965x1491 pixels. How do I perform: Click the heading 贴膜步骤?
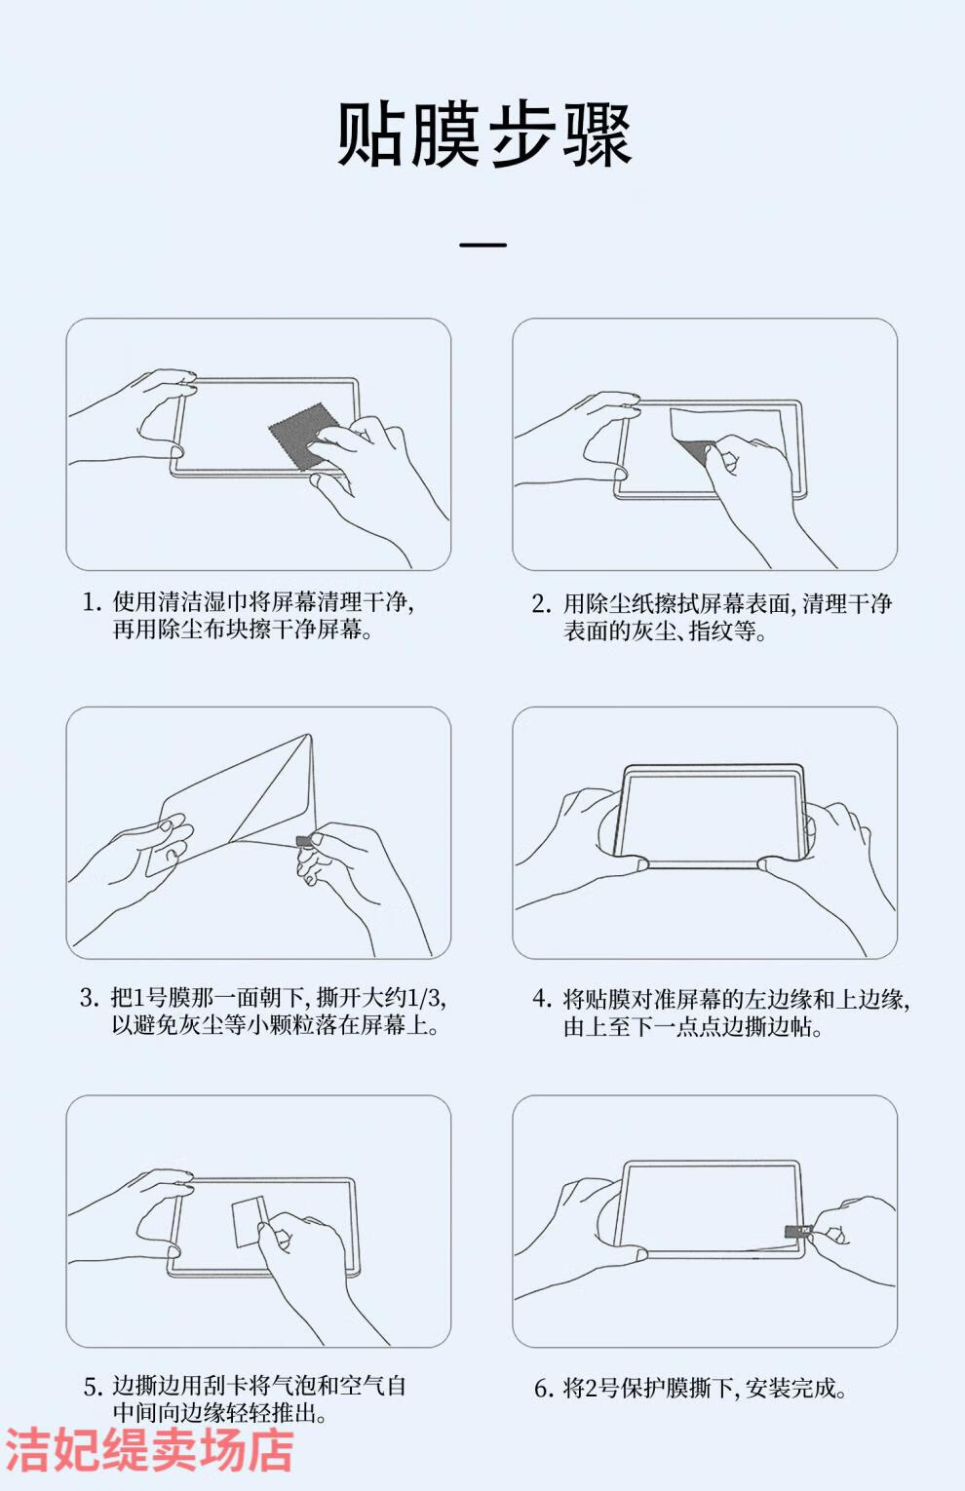pyautogui.click(x=484, y=135)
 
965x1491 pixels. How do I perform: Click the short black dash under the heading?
pyautogui.click(x=482, y=245)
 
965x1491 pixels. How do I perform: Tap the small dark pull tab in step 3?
pyautogui.click(x=303, y=841)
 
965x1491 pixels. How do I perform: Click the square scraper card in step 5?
pyautogui.click(x=250, y=1222)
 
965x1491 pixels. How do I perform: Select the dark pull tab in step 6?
pyautogui.click(x=797, y=1230)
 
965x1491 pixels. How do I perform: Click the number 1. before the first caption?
pyautogui.click(x=92, y=602)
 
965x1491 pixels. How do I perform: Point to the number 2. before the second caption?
pyautogui.click(x=542, y=604)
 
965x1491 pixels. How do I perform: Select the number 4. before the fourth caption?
pyautogui.click(x=542, y=999)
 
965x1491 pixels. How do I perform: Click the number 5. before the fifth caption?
pyautogui.click(x=94, y=1387)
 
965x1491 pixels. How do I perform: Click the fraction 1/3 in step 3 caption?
pyautogui.click(x=423, y=997)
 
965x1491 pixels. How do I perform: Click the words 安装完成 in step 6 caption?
pyautogui.click(x=791, y=1388)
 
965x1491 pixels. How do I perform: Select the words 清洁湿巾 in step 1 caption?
pyautogui.click(x=180, y=601)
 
